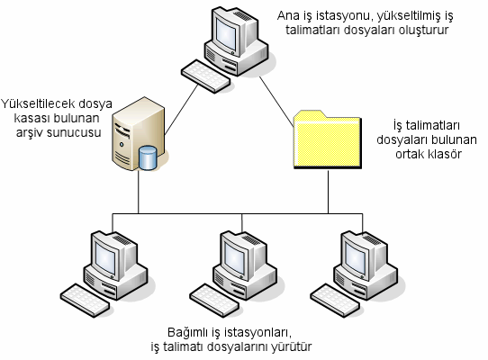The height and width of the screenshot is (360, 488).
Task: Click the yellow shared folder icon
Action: [x=328, y=139]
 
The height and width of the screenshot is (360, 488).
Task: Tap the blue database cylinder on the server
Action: [x=148, y=157]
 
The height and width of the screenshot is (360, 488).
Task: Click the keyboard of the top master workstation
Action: [x=205, y=76]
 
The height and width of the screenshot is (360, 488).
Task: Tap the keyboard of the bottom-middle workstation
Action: [x=214, y=300]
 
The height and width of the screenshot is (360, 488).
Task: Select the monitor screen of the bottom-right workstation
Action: [x=356, y=257]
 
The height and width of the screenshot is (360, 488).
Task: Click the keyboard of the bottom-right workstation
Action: [x=336, y=300]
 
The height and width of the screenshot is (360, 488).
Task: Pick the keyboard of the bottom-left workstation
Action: [x=85, y=300]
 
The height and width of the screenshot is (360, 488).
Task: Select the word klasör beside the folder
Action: [x=444, y=154]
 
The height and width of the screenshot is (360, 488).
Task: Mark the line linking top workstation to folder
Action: [x=277, y=102]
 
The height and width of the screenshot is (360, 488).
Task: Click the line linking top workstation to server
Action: [x=181, y=110]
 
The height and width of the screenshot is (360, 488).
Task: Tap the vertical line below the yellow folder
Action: [x=328, y=192]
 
